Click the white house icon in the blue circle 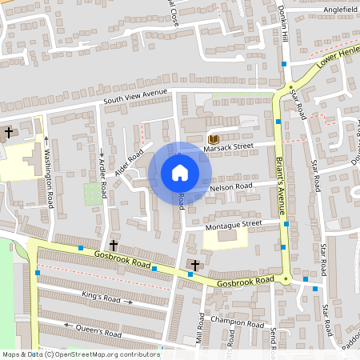[x=180, y=173]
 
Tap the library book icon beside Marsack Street [x=213, y=138]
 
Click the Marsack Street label [x=228, y=146]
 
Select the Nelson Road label [x=231, y=187]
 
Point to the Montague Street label [x=234, y=223]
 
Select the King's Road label [x=101, y=297]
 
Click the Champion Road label [x=237, y=323]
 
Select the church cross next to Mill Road [x=194, y=264]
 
